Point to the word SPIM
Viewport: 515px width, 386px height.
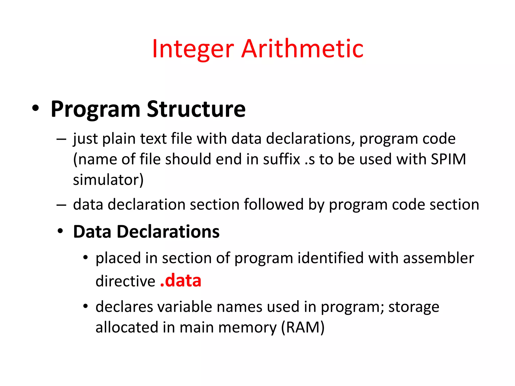tap(448, 159)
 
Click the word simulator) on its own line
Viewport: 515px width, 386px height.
tap(108, 180)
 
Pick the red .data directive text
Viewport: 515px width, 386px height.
tap(181, 281)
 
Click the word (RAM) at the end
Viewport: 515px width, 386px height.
tap(303, 327)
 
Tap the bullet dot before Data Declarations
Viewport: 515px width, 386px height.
tap(60, 231)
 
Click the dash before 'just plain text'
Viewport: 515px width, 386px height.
tap(61, 139)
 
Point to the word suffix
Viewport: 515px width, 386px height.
tap(282, 159)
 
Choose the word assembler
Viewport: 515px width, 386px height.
tap(439, 258)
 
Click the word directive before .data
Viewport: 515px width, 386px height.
tap(125, 281)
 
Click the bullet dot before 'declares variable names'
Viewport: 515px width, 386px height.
tap(86, 306)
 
